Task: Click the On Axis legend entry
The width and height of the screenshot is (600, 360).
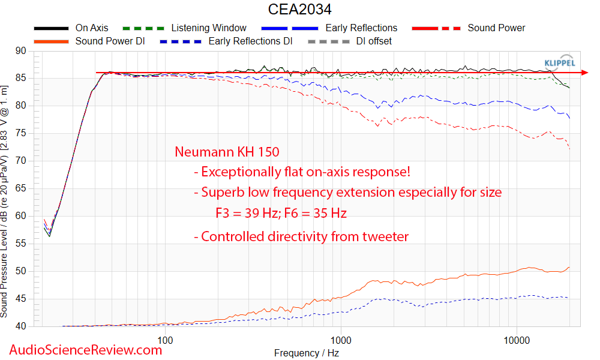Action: pyautogui.click(x=92, y=28)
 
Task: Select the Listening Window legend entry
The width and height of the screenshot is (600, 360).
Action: pyautogui.click(x=208, y=28)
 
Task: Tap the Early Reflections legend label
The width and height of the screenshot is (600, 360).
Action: pyautogui.click(x=361, y=28)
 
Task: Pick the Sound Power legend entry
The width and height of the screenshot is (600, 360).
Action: pyautogui.click(x=496, y=28)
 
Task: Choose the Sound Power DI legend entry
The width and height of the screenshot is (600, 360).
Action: pyautogui.click(x=110, y=41)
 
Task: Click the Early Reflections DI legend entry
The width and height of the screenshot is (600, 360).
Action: pyautogui.click(x=250, y=41)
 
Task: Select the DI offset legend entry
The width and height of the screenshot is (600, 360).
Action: pyautogui.click(x=374, y=41)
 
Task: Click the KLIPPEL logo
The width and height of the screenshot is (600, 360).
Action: pyautogui.click(x=559, y=62)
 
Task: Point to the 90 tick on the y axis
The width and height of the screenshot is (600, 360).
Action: pyautogui.click(x=22, y=51)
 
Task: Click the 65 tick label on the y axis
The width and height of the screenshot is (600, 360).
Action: pyautogui.click(x=22, y=188)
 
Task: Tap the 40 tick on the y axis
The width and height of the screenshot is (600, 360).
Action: pyautogui.click(x=22, y=326)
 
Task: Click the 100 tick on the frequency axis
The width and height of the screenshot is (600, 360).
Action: pyautogui.click(x=166, y=340)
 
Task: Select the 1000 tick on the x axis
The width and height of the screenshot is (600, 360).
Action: pyautogui.click(x=341, y=340)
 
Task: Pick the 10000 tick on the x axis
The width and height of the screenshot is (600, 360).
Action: pyautogui.click(x=517, y=340)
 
